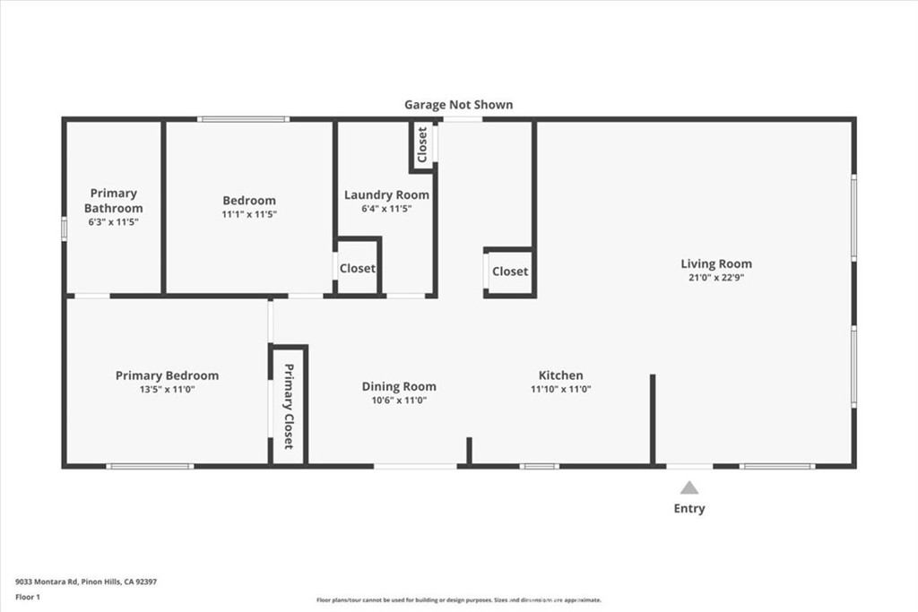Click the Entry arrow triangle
tap(688, 488)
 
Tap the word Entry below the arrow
tap(688, 509)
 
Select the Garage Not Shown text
tap(458, 105)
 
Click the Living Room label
tap(715, 263)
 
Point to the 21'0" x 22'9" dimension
tap(715, 278)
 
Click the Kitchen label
tap(560, 375)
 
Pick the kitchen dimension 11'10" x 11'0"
tap(560, 389)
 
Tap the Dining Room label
tap(399, 387)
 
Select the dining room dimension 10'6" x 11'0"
tap(399, 401)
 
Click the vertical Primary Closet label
tap(289, 407)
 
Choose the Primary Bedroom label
tap(167, 375)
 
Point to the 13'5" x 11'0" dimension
tap(167, 389)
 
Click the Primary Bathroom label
tap(114, 201)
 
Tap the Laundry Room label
tap(386, 194)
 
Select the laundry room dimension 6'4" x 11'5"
tap(386, 209)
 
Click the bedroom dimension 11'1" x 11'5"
tap(249, 214)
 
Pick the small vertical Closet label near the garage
tap(422, 144)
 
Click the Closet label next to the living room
tap(510, 272)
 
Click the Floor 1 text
tap(28, 596)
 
